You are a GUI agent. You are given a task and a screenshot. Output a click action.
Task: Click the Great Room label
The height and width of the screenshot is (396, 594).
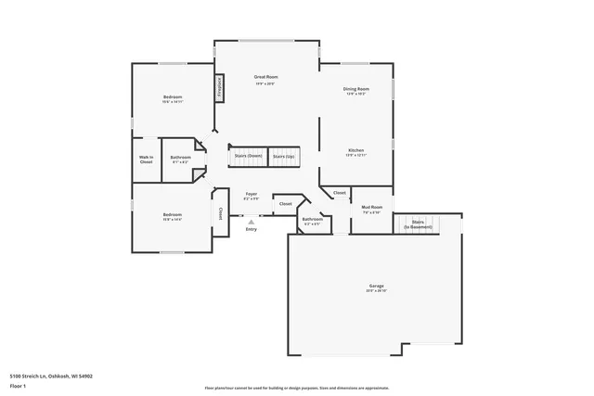pyautogui.click(x=266, y=77)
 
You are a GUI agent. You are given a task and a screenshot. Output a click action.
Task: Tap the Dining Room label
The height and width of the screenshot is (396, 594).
pyautogui.click(x=357, y=89)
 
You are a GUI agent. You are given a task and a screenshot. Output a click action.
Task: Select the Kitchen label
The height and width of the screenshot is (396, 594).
pyautogui.click(x=356, y=150)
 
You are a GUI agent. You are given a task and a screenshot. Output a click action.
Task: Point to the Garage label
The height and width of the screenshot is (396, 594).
pyautogui.click(x=376, y=286)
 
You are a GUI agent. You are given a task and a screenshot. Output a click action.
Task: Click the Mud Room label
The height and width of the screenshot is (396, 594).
pyautogui.click(x=372, y=208)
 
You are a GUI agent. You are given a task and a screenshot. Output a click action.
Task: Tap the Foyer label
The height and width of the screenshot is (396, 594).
pyautogui.click(x=251, y=194)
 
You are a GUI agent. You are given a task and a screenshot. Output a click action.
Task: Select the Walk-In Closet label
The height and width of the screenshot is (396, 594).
pyautogui.click(x=146, y=160)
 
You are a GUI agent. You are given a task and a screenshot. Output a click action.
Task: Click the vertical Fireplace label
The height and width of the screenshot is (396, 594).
pyautogui.click(x=220, y=86)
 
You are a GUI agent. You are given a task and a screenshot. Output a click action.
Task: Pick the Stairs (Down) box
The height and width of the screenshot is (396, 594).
pyautogui.click(x=248, y=157)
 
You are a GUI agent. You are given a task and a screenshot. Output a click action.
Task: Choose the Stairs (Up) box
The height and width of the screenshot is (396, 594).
pyautogui.click(x=284, y=157)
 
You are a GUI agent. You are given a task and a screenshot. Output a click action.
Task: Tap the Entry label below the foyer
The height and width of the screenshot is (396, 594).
pyautogui.click(x=251, y=229)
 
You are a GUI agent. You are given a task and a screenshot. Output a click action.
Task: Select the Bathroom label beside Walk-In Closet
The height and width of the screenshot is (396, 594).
pyautogui.click(x=180, y=158)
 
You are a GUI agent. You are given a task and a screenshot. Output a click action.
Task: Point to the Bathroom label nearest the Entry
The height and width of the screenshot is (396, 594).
pyautogui.click(x=312, y=220)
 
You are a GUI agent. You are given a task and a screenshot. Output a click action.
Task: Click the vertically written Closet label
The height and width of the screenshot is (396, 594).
pyautogui.click(x=220, y=213)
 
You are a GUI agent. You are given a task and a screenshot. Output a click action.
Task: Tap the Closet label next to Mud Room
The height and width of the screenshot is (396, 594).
pyautogui.click(x=340, y=193)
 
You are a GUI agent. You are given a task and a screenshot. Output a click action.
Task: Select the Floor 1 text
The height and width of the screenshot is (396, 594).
pyautogui.click(x=18, y=385)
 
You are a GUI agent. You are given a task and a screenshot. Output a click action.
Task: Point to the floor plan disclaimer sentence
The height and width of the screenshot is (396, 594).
pyautogui.click(x=296, y=389)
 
